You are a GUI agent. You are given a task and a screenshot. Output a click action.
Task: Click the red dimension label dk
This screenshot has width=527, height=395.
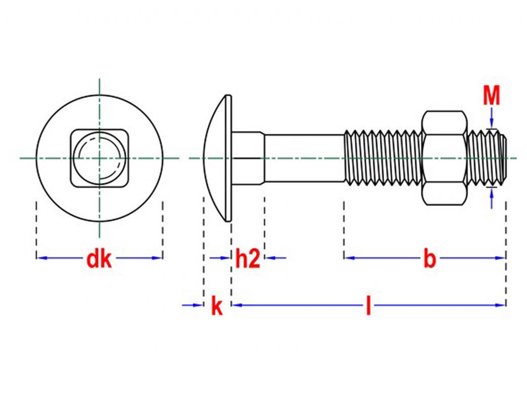pyautogui.click(x=99, y=259)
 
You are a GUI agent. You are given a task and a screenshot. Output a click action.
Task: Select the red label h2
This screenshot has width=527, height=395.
pyautogui.click(x=248, y=259)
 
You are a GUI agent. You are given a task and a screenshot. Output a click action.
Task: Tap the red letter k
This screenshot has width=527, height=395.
pyautogui.click(x=217, y=306)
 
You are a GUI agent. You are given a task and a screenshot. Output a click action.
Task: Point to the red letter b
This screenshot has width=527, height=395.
pyautogui.click(x=429, y=259)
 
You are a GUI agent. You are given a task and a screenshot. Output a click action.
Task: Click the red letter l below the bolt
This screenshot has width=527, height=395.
pyautogui.click(x=368, y=306)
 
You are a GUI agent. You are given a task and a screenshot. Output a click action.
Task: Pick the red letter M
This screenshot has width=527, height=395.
pyautogui.click(x=491, y=96)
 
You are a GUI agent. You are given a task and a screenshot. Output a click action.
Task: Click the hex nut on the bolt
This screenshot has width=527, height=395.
pyautogui.click(x=444, y=158)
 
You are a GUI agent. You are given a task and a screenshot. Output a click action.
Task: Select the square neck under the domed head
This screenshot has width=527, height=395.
pyautogui.click(x=248, y=158)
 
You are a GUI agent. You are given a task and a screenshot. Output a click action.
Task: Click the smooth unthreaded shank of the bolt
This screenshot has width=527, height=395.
pyautogui.click(x=304, y=158)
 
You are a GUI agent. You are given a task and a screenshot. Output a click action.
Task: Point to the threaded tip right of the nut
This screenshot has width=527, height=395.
pyautogui.click(x=486, y=158)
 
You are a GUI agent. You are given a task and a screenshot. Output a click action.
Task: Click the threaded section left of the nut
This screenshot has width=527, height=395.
pyautogui.click(x=383, y=158)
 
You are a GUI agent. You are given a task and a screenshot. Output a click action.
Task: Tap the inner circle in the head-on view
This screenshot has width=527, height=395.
pyautogui.click(x=99, y=157)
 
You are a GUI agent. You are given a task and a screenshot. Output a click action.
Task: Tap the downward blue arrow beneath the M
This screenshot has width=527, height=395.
pyautogui.click(x=491, y=121)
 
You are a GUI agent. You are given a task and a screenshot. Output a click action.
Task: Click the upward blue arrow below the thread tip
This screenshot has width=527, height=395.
pyautogui.click(x=491, y=194)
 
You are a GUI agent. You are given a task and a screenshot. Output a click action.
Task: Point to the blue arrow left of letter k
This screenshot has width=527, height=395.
pyautogui.click(x=196, y=305)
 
